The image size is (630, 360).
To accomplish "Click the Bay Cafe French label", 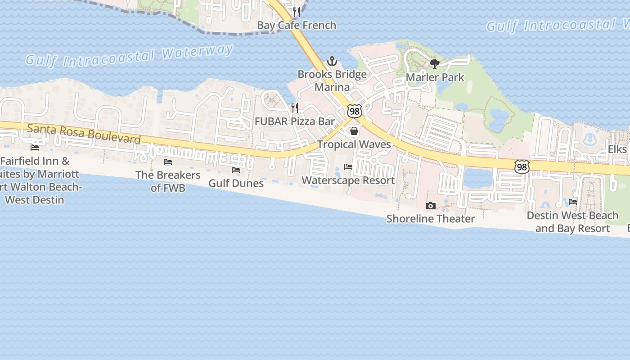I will click(297, 25).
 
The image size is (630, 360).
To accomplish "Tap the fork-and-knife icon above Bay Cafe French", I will click(296, 12).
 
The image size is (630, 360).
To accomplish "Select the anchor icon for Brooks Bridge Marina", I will click(332, 61).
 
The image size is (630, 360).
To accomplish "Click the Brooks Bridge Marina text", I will click(332, 81).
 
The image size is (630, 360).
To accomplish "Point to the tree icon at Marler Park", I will click(434, 64).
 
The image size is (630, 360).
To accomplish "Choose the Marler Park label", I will click(435, 77).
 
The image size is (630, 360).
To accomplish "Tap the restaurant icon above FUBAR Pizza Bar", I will click(295, 108).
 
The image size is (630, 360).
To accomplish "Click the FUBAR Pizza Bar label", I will click(295, 121).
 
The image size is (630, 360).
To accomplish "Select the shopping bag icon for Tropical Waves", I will click(354, 131).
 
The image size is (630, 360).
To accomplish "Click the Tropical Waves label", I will click(354, 144).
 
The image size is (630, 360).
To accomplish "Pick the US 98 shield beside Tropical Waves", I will click(355, 111).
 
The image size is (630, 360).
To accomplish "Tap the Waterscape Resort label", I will click(348, 180).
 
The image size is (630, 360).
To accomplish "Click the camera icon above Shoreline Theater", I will click(431, 206).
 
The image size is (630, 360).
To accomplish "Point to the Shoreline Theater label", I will click(431, 219).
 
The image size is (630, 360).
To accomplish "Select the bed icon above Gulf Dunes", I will click(236, 170).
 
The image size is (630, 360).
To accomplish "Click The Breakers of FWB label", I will click(168, 181).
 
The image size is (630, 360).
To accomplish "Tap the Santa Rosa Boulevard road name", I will click(84, 134).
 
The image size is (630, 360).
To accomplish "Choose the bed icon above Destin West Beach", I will click(573, 202).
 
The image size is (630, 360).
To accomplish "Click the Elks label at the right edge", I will click(617, 149).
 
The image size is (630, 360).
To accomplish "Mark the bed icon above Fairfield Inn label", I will click(35, 148).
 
